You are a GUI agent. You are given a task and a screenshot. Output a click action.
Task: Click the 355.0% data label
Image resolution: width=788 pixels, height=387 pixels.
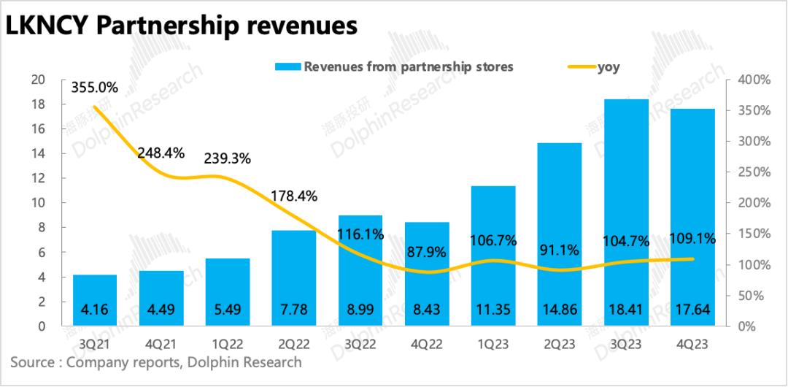(94, 88)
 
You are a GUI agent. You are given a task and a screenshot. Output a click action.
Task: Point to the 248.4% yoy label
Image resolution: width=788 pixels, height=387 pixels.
(161, 154)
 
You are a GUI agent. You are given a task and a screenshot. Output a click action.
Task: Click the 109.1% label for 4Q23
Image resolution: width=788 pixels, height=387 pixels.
(692, 238)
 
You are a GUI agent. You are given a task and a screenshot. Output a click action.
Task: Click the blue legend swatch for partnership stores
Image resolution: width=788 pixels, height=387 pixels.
(287, 67)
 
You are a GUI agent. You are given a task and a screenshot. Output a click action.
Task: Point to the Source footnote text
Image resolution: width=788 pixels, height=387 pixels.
(155, 362)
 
